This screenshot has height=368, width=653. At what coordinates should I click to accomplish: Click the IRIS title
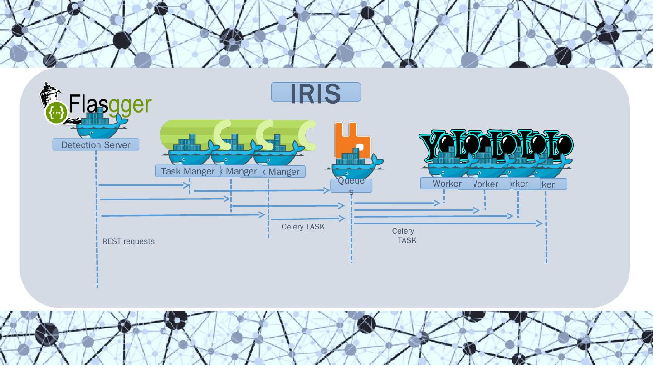click(316, 93)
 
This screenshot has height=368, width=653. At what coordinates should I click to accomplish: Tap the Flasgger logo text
click(110, 104)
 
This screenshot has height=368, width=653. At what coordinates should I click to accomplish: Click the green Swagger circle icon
click(56, 113)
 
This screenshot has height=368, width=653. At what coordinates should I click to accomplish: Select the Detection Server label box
click(96, 145)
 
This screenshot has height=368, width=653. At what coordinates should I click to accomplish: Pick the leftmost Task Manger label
click(187, 171)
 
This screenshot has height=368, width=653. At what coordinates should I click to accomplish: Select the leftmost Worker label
click(447, 184)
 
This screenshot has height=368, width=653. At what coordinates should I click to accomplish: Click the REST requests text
click(128, 242)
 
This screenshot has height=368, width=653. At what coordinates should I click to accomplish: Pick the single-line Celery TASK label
click(303, 227)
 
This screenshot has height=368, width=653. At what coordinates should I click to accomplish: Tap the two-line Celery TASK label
click(404, 236)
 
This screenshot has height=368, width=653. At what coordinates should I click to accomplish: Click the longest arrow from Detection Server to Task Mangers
click(181, 215)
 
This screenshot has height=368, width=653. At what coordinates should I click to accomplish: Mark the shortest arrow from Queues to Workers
click(397, 204)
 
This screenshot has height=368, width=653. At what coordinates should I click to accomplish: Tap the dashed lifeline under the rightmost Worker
click(546, 236)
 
